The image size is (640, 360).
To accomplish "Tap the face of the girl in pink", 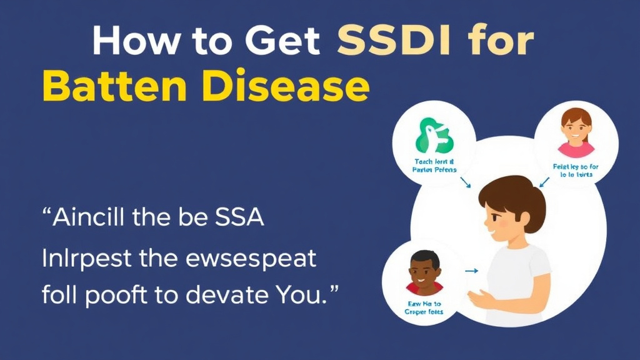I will click(x=576, y=127).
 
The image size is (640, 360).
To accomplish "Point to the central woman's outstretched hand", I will click(x=482, y=298).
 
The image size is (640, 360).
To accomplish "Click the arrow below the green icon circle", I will click(x=464, y=182).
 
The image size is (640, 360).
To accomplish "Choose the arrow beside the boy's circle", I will click(x=471, y=271).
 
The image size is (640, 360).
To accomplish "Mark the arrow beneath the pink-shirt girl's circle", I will click(x=544, y=181).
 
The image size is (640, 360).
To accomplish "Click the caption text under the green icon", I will click(x=436, y=165).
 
